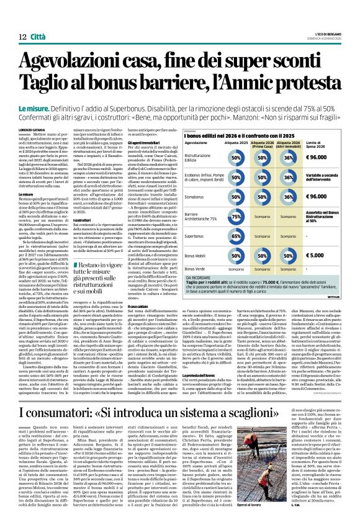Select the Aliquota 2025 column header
click(236, 143)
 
